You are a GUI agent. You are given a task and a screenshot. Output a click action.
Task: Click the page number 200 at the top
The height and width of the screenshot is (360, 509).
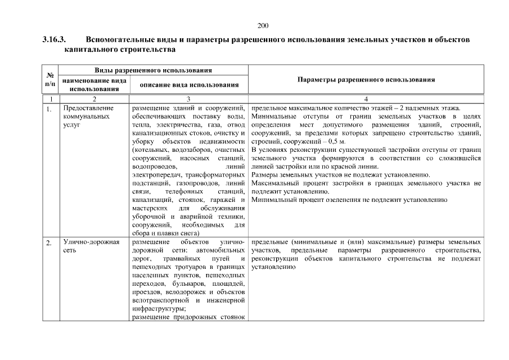(x=263, y=25)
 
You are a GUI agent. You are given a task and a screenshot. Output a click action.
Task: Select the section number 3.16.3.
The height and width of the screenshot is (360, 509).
(x=54, y=40)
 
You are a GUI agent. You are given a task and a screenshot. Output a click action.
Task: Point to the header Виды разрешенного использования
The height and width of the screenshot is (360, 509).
(x=153, y=71)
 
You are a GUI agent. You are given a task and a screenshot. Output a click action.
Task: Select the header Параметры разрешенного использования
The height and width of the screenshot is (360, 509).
(x=366, y=80)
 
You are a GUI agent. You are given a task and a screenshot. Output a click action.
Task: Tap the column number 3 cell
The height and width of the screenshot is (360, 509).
(x=188, y=98)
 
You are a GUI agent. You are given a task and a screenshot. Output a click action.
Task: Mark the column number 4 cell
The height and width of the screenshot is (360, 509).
(x=366, y=98)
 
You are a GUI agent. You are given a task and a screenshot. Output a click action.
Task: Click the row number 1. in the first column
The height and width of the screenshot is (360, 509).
(x=49, y=108)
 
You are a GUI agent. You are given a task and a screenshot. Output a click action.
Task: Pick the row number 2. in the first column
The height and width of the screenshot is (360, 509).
(x=49, y=242)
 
